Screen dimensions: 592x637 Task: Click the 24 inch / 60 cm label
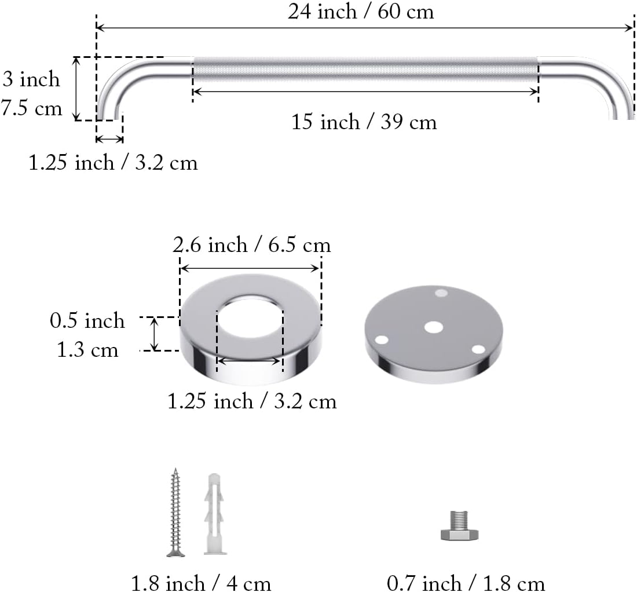[361, 12]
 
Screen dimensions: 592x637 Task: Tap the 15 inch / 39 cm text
[364, 122]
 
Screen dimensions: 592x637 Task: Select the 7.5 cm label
[32, 108]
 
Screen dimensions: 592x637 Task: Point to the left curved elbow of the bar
[119, 81]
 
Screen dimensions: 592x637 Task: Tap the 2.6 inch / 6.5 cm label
[252, 245]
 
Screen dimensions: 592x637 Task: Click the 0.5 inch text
[87, 320]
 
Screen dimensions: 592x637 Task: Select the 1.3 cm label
[87, 350]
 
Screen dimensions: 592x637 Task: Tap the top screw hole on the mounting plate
[441, 293]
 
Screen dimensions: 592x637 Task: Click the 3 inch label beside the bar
[32, 79]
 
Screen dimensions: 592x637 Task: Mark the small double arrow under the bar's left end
[109, 139]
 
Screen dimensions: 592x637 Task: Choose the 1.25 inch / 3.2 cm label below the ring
[252, 401]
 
